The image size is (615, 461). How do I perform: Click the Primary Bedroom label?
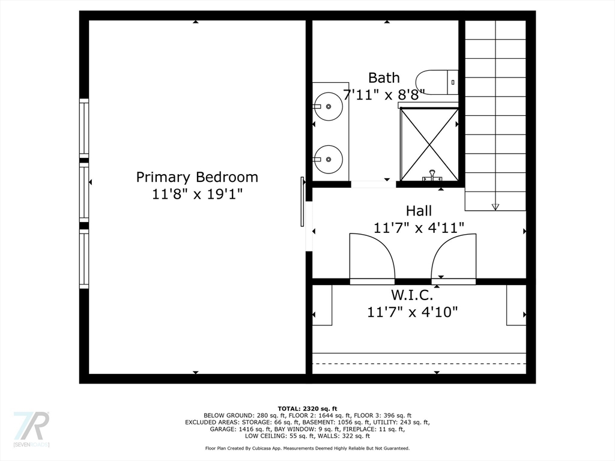click(x=197, y=177)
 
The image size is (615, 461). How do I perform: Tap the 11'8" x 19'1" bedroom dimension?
click(x=197, y=194)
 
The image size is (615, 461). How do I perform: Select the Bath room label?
click(x=384, y=77)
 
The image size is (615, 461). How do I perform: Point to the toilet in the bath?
click(x=437, y=82)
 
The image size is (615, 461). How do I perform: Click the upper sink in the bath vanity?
click(x=329, y=106)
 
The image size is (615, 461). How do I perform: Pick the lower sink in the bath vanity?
click(x=329, y=160)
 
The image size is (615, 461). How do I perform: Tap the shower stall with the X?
click(x=429, y=144)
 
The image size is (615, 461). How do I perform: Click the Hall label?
click(x=419, y=211)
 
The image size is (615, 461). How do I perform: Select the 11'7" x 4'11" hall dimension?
click(x=419, y=228)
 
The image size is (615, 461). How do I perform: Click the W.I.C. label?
click(x=412, y=295)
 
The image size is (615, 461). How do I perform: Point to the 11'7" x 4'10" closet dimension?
click(x=412, y=312)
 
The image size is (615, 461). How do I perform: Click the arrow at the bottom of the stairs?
click(x=495, y=207)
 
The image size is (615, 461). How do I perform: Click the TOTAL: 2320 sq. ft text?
click(x=307, y=408)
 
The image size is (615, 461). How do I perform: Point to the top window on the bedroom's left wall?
click(x=84, y=129)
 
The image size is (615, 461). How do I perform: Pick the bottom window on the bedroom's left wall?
click(x=84, y=259)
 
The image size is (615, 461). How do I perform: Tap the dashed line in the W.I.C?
click(x=419, y=364)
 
